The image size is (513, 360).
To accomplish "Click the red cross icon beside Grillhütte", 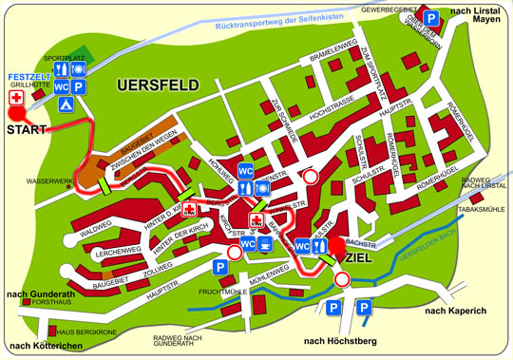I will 14,98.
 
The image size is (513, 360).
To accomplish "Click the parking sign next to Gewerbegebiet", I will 432,18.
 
